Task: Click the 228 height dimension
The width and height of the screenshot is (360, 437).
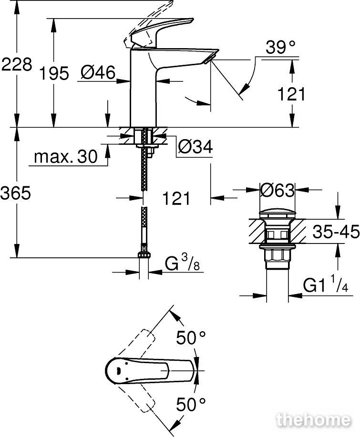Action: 17,65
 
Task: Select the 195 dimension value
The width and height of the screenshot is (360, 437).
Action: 54,74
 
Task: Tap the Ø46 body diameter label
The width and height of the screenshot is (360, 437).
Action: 98,73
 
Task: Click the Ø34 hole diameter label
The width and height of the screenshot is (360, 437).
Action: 195,147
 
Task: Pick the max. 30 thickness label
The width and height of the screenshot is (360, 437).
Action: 66,157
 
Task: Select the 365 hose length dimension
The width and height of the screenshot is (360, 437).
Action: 16,193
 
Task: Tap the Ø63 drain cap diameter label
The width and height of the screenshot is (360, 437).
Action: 277,191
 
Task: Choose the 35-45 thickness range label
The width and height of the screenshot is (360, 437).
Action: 336,232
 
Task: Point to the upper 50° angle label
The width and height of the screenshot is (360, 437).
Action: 191,338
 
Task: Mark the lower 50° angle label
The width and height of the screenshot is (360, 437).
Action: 191,405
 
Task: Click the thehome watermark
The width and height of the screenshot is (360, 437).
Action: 313,420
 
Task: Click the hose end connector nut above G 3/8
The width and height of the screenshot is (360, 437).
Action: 144,254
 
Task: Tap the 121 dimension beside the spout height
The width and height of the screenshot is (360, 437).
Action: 292,94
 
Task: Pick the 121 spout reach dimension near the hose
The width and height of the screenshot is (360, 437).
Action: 176,198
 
